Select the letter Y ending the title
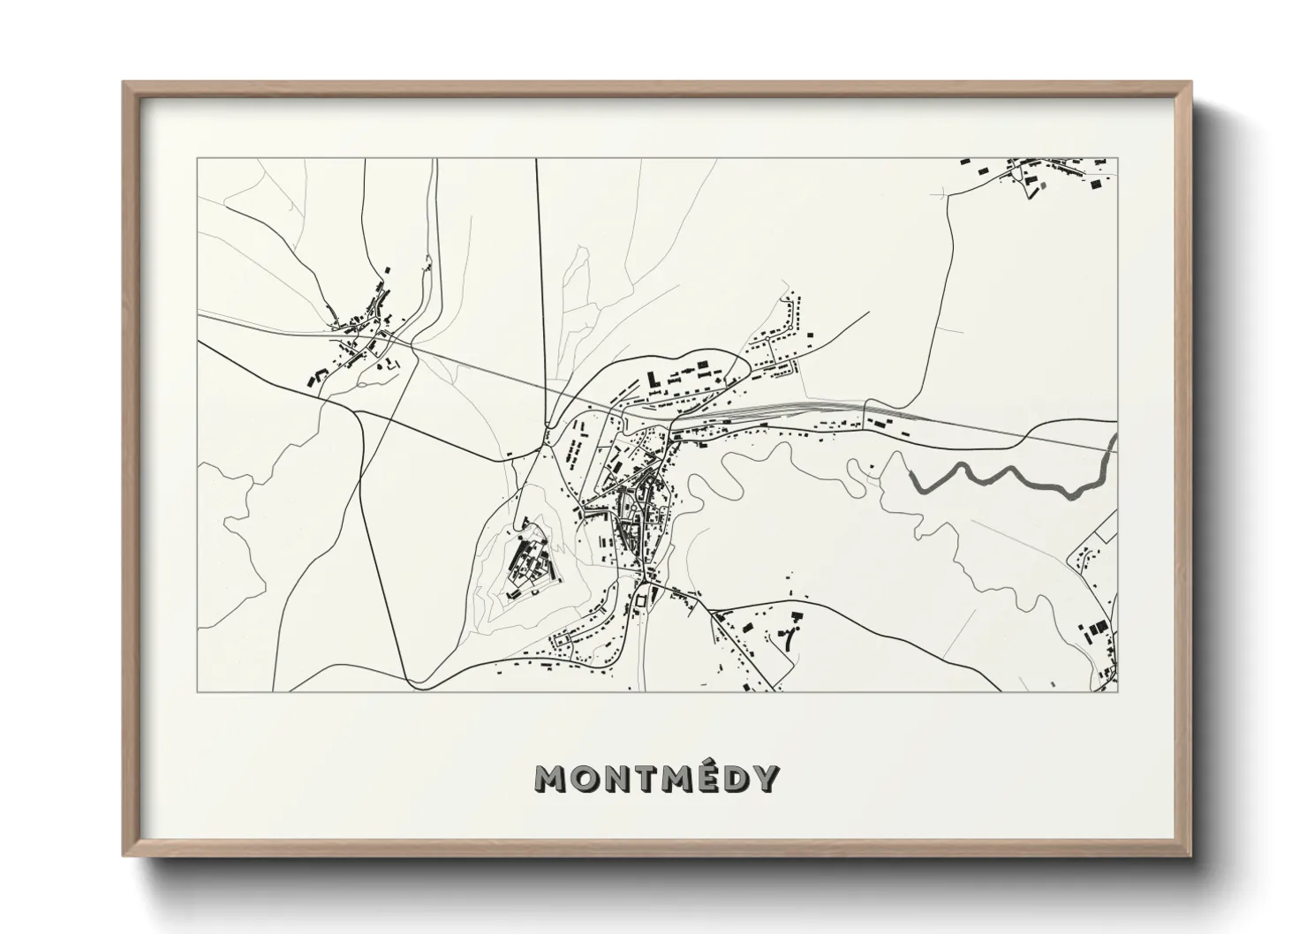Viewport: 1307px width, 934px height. point(765,778)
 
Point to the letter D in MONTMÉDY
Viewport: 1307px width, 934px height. point(733,778)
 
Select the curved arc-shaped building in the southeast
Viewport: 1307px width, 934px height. point(789,638)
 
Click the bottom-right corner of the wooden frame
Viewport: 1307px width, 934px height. point(1189,855)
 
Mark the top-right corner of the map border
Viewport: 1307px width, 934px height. point(1117,159)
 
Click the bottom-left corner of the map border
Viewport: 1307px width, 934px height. point(198,691)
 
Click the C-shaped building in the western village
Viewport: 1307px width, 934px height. point(314,377)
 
